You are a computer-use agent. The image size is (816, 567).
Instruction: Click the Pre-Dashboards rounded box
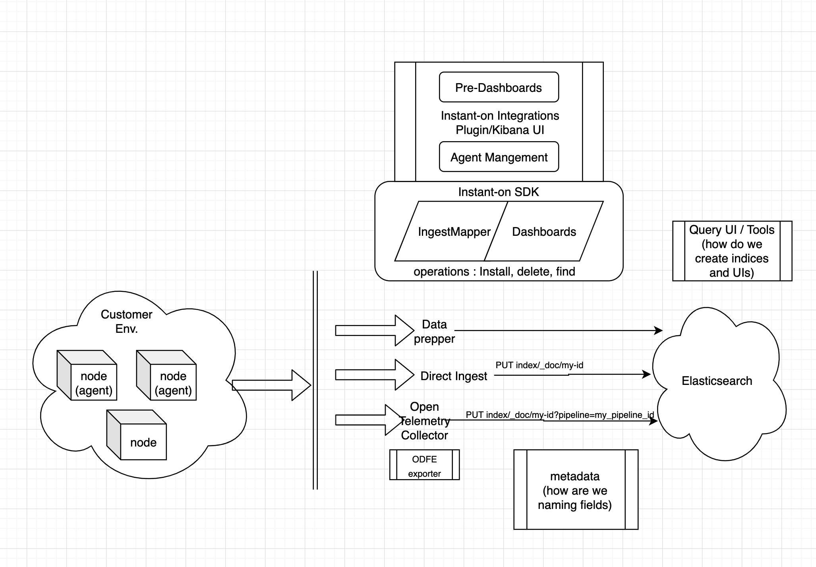coord(499,87)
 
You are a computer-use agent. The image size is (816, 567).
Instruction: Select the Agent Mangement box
coord(499,157)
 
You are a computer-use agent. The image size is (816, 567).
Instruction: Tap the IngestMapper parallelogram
coord(454,232)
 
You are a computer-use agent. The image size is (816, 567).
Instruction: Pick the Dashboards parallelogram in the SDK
coord(544,232)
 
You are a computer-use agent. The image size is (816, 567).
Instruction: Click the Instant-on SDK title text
coord(498,192)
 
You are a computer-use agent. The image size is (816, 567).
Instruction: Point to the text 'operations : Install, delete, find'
coord(494,272)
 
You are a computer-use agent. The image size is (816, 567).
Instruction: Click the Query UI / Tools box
coord(732,251)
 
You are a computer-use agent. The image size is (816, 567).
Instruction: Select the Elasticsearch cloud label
coord(717,381)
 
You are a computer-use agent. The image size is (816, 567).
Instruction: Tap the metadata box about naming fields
coord(575,490)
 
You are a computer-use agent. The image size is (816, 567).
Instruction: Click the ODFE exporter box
coord(424,465)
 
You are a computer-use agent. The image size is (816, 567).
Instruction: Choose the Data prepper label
coord(434,331)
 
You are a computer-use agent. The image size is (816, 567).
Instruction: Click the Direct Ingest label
coord(453,376)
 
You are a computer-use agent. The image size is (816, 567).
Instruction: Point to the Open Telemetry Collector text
coord(424,421)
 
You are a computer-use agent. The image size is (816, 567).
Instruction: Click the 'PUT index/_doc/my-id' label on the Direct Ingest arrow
coord(539,365)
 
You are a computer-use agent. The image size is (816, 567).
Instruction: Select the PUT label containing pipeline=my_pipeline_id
coord(559,415)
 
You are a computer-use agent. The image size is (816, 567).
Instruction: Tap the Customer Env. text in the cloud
coord(126,321)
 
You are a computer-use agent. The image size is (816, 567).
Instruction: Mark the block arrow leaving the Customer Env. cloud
coord(271,385)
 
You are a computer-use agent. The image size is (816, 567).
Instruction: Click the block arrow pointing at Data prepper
coord(373,330)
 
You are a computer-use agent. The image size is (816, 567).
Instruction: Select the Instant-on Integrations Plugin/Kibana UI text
coord(499,122)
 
